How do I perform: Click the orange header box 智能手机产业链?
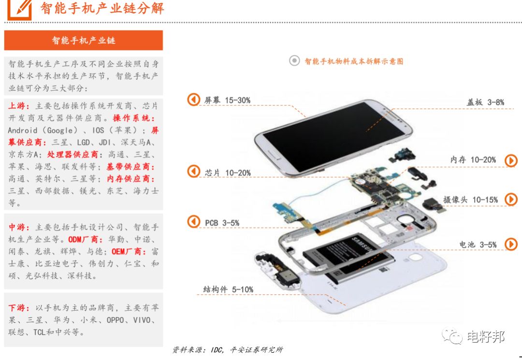tap(83, 40)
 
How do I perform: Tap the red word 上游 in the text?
tap(16, 106)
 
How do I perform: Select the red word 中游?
tap(16, 227)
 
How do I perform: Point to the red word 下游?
tap(16, 308)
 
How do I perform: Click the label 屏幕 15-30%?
tap(227, 100)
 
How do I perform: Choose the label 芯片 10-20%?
tap(228, 173)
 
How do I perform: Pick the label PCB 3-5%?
tap(222, 223)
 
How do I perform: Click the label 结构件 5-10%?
tap(228, 289)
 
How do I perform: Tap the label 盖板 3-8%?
tap(485, 102)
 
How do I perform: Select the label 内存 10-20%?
tap(473, 159)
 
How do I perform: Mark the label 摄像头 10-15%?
tap(470, 200)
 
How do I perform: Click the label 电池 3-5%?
tap(478, 245)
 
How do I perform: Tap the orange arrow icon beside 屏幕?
tap(193, 99)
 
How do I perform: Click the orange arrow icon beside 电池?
tap(511, 244)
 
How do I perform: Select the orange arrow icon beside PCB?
tap(193, 222)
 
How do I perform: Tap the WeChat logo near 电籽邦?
tap(452, 336)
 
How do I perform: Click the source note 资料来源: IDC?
tap(228, 350)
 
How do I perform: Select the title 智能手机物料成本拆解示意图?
tap(354, 61)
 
